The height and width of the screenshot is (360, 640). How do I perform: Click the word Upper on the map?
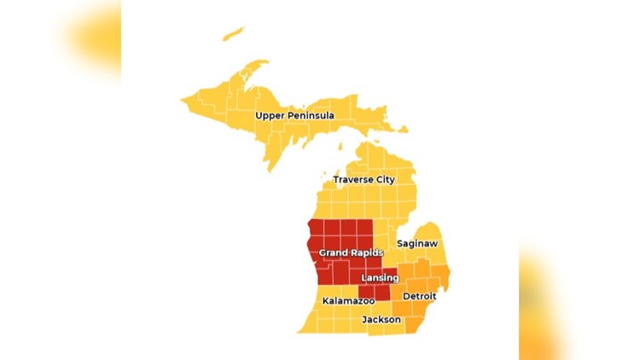(271, 115)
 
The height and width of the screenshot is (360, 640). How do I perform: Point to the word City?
(385, 180)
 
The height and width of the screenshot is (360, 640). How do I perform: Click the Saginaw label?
(417, 244)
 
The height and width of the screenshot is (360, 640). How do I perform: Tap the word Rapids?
(366, 253)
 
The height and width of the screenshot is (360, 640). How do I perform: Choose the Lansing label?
(380, 278)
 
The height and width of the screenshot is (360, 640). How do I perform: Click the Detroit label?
(419, 296)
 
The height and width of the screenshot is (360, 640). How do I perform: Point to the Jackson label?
(381, 319)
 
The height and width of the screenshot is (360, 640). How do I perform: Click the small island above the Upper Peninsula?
(232, 35)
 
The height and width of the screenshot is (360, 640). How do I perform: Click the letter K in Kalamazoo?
(326, 301)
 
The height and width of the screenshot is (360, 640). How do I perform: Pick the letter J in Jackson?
(365, 319)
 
